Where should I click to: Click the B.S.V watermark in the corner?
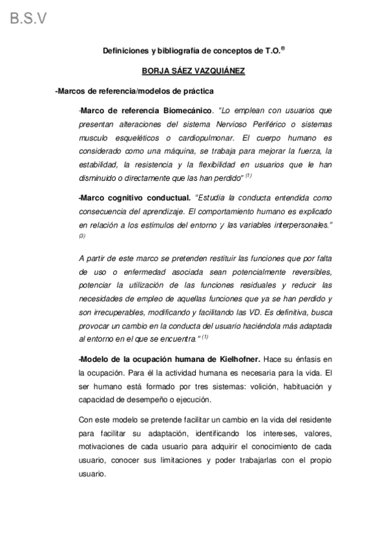coord(28,18)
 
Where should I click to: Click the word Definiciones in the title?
coord(126,50)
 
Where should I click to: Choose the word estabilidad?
coord(98,165)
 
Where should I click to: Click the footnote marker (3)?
coord(82,236)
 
